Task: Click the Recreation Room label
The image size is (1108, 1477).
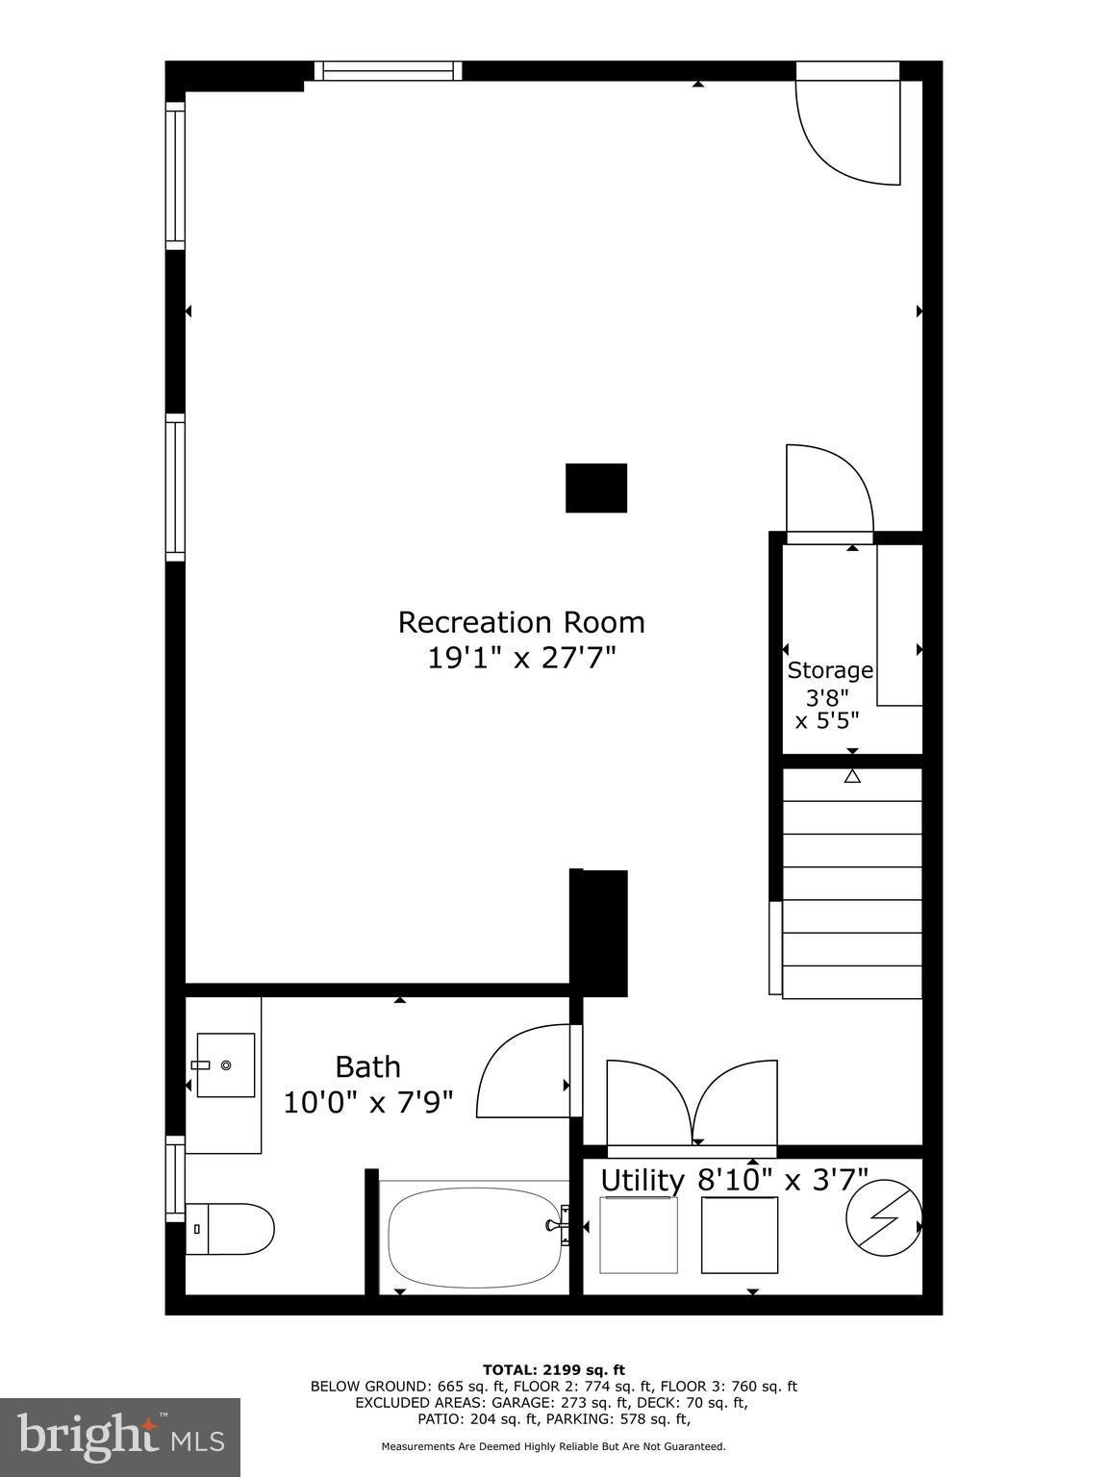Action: coord(521,622)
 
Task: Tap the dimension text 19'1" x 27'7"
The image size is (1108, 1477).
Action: coord(521,659)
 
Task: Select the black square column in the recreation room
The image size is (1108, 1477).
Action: coord(596,488)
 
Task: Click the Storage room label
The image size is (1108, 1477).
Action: coord(830,670)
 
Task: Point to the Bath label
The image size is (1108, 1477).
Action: coord(367,1067)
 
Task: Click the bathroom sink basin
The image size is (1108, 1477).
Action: coord(226,1064)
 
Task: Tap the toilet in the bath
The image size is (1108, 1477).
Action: coord(231,1229)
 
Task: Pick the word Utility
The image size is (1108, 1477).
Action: coord(642,1181)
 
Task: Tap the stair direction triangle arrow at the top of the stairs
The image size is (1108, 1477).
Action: coord(852,776)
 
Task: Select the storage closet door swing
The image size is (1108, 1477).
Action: coord(827,490)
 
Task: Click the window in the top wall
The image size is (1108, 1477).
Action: coord(388,71)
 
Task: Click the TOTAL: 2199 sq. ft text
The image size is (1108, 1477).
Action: coord(554,1369)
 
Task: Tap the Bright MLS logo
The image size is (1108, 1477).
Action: coord(120,1437)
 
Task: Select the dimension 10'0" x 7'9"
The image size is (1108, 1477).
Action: coord(367,1102)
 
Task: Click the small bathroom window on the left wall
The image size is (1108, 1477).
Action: coord(175,1178)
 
